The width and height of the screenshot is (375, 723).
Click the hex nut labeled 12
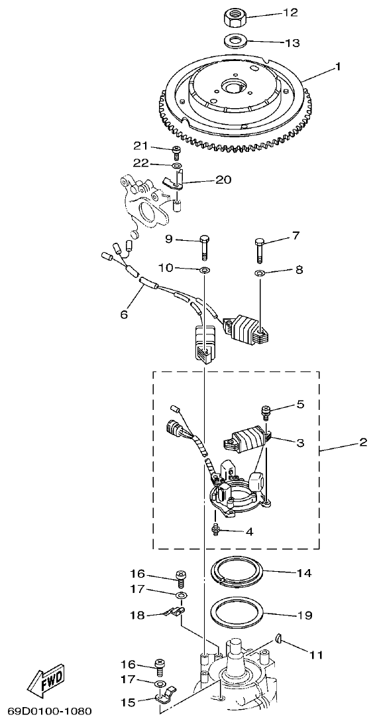pyautogui.click(x=232, y=13)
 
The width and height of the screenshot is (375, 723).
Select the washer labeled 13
pyautogui.click(x=232, y=40)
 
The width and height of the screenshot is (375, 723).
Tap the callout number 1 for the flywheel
pyautogui.click(x=338, y=67)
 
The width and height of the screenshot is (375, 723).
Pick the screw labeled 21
pyautogui.click(x=176, y=149)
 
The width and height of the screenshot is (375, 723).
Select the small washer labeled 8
pyautogui.click(x=260, y=273)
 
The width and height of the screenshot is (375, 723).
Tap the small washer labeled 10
pyautogui.click(x=204, y=269)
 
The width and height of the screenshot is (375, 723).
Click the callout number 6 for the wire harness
pyautogui.click(x=123, y=314)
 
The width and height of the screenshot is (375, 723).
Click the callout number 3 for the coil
pyautogui.click(x=300, y=442)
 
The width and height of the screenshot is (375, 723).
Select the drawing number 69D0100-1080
pyautogui.click(x=45, y=712)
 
